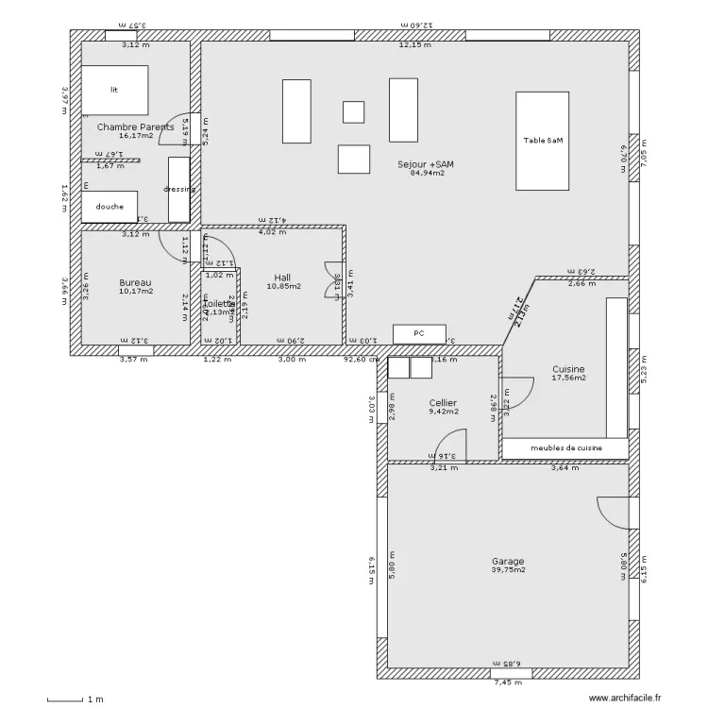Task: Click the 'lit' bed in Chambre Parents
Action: [114, 90]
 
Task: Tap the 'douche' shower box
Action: [110, 207]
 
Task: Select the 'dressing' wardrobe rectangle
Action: [178, 189]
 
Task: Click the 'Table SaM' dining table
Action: [542, 141]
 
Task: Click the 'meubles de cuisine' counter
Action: [565, 447]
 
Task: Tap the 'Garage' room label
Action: [508, 561]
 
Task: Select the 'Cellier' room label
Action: [443, 403]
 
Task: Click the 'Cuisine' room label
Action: [568, 369]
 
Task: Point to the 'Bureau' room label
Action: [135, 282]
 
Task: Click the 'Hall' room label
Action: [282, 278]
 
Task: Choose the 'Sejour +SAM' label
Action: [426, 164]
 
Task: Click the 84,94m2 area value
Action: [427, 174]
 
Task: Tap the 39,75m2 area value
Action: [508, 570]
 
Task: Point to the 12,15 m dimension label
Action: [414, 44]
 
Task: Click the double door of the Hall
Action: [334, 280]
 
